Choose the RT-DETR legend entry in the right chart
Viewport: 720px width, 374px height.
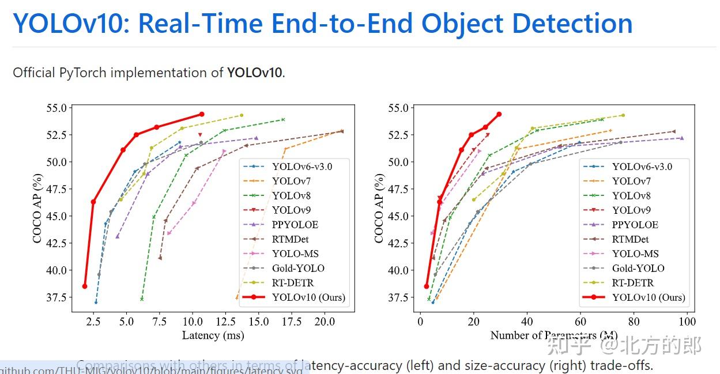point(632,283)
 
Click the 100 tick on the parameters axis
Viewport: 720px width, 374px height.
point(687,322)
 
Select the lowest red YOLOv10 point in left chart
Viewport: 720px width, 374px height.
point(85,286)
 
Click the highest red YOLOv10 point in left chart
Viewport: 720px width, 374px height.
point(201,114)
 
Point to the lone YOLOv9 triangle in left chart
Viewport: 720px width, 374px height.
point(200,135)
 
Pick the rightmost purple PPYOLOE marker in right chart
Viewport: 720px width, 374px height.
point(682,138)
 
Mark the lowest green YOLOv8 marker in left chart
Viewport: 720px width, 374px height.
point(142,299)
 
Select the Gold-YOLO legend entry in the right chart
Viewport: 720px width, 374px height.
point(638,268)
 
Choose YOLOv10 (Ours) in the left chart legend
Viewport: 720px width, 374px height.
point(308,297)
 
